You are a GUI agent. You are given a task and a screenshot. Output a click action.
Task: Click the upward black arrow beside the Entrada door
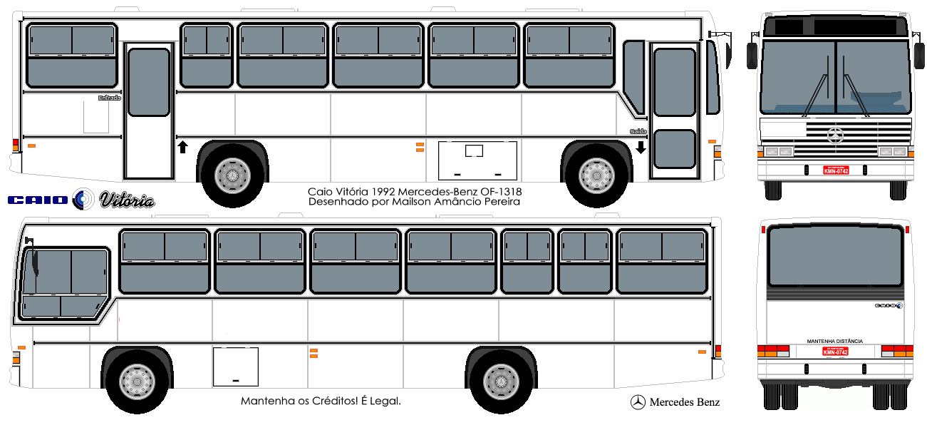182,147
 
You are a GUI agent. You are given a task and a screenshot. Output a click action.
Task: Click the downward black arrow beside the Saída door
640,147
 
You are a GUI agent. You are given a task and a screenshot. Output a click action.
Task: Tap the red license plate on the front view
836,170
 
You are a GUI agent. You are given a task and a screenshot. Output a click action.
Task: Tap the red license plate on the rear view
835,351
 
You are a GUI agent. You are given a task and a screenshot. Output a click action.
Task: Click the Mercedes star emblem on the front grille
835,136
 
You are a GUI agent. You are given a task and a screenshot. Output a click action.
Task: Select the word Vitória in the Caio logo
126,200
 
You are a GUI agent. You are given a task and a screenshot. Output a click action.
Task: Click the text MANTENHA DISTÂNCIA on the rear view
834,342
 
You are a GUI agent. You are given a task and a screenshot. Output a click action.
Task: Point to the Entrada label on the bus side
109,98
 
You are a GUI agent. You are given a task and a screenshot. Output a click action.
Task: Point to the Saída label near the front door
638,131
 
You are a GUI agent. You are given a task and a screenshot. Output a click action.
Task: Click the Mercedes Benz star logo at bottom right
638,402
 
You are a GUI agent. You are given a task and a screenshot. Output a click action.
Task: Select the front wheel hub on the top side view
596,173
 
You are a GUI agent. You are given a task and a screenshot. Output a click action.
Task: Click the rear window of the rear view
834,256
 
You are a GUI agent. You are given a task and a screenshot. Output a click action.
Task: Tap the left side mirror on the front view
752,56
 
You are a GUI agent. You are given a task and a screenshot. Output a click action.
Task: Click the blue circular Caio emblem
83,200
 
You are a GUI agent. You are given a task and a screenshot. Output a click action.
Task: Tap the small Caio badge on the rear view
889,305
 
